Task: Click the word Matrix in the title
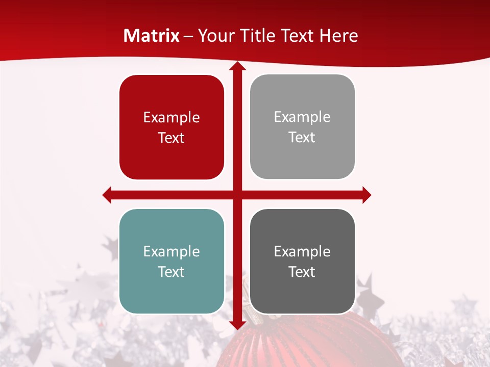click(x=152, y=36)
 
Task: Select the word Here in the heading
click(x=338, y=36)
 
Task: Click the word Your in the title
click(x=214, y=36)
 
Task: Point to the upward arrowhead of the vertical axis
click(x=237, y=66)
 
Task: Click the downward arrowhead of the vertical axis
click(x=237, y=325)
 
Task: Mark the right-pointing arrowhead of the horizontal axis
click(x=366, y=195)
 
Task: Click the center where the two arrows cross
click(x=237, y=195)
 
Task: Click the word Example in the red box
click(x=171, y=117)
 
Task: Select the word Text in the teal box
click(x=171, y=272)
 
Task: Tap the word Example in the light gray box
click(x=302, y=117)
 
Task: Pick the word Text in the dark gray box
click(x=302, y=272)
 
